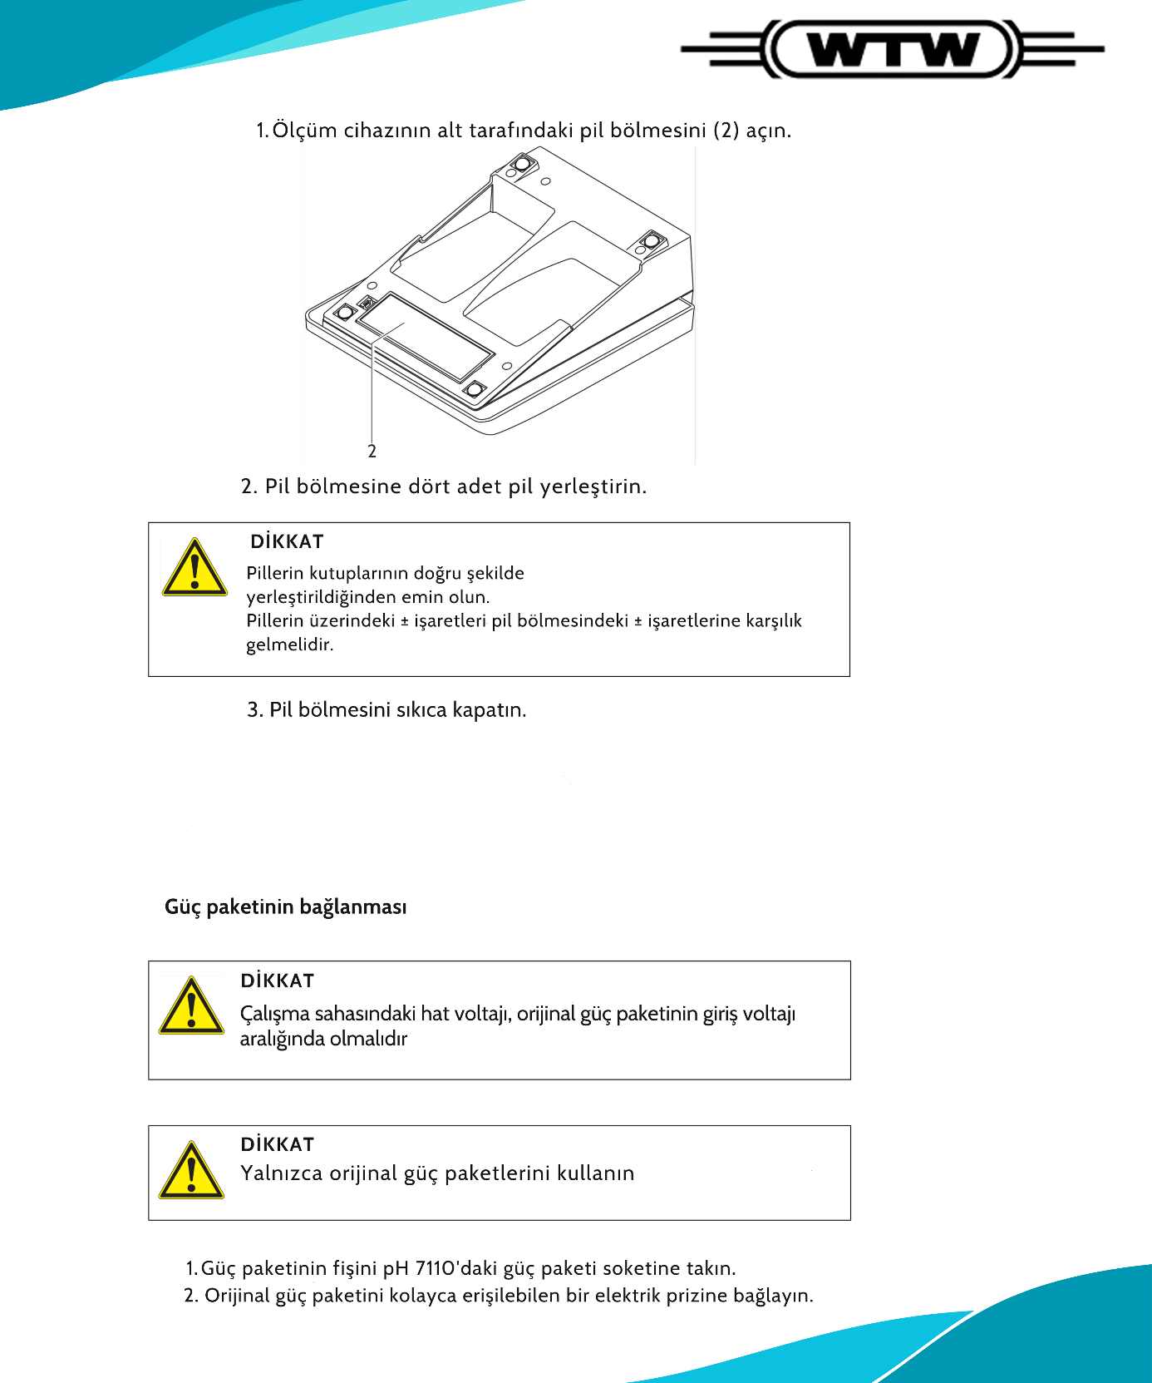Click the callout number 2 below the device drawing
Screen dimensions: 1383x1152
[x=372, y=452]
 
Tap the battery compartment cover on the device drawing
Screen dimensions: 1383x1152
[x=424, y=337]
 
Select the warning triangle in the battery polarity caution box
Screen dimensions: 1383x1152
[x=194, y=568]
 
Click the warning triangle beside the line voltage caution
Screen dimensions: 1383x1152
[x=191, y=1005]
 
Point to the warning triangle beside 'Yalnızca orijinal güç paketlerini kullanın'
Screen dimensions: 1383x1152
[x=191, y=1170]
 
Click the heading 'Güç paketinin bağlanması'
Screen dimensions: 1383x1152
[x=285, y=906]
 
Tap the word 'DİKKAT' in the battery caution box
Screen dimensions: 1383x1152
[x=287, y=542]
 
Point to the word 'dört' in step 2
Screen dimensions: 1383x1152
[x=430, y=487]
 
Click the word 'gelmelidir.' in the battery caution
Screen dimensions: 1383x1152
[x=289, y=645]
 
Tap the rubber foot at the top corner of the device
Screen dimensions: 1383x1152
[x=521, y=165]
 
